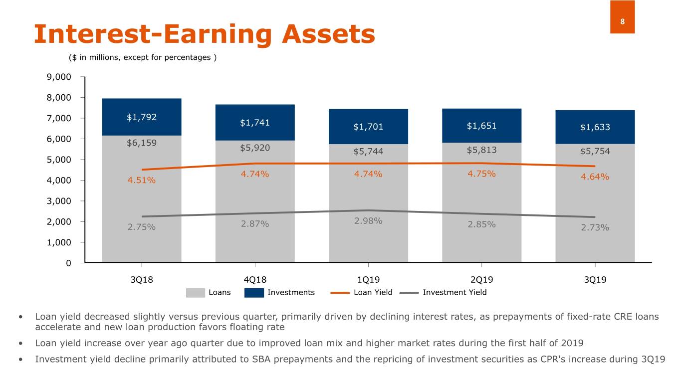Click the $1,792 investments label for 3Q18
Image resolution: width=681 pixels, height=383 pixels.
click(x=141, y=117)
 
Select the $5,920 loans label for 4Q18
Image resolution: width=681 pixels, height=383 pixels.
click(x=255, y=148)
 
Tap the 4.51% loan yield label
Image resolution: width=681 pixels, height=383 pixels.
click(x=141, y=180)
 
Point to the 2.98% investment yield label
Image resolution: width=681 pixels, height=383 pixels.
click(x=368, y=221)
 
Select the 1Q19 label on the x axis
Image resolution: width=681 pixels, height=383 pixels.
click(x=368, y=280)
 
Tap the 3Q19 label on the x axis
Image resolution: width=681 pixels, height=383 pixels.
click(x=595, y=280)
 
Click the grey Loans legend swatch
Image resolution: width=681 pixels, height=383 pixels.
click(x=196, y=293)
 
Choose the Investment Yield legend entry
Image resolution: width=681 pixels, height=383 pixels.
click(x=454, y=293)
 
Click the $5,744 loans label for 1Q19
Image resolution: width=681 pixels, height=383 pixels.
click(x=368, y=152)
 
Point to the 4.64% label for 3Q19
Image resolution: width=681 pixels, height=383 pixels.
click(x=595, y=177)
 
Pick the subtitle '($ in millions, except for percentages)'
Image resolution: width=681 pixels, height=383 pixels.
click(x=142, y=57)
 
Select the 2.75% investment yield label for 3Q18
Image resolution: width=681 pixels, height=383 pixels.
click(x=141, y=227)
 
